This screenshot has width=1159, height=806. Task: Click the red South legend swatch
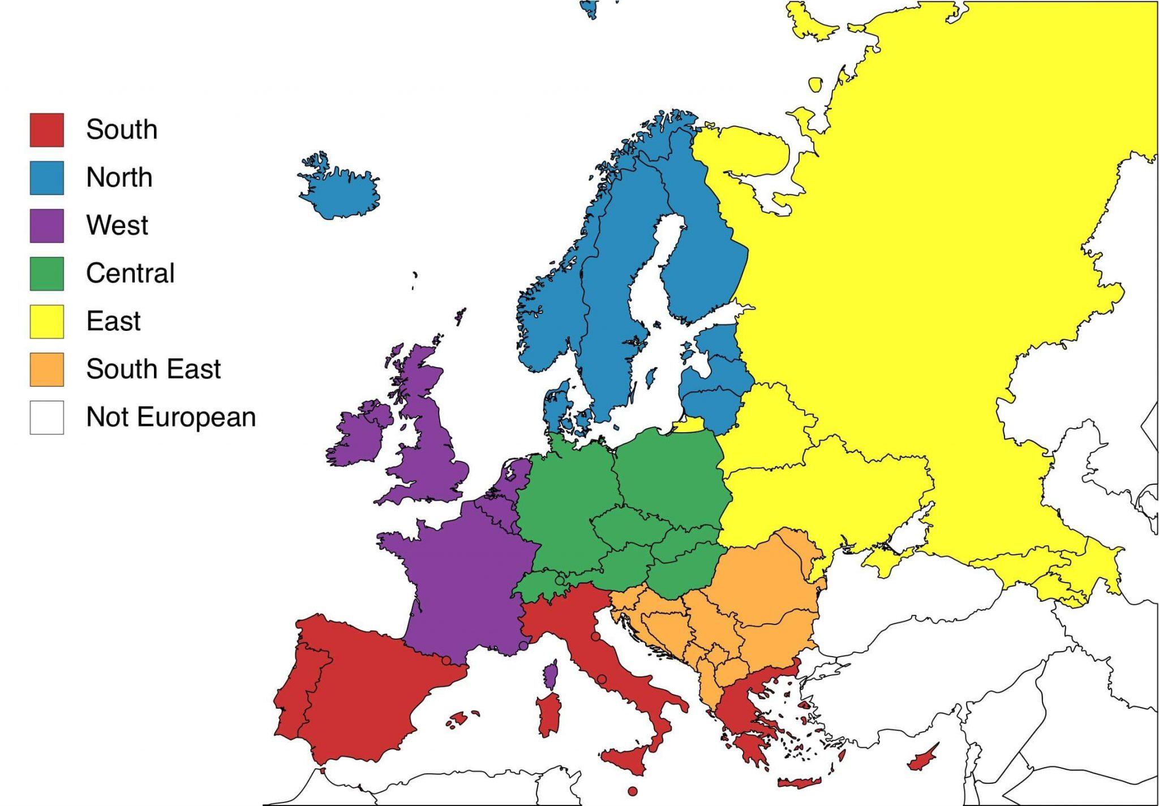46,130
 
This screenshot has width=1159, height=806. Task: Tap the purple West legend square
46,226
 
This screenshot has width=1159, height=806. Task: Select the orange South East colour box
46,369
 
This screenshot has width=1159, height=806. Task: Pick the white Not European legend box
46,417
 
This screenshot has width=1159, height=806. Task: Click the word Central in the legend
130,273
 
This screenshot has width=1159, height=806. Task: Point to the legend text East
113,321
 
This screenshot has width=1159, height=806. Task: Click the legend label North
119,178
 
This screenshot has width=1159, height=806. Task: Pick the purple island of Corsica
551,675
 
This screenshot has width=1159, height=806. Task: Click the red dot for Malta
633,791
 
